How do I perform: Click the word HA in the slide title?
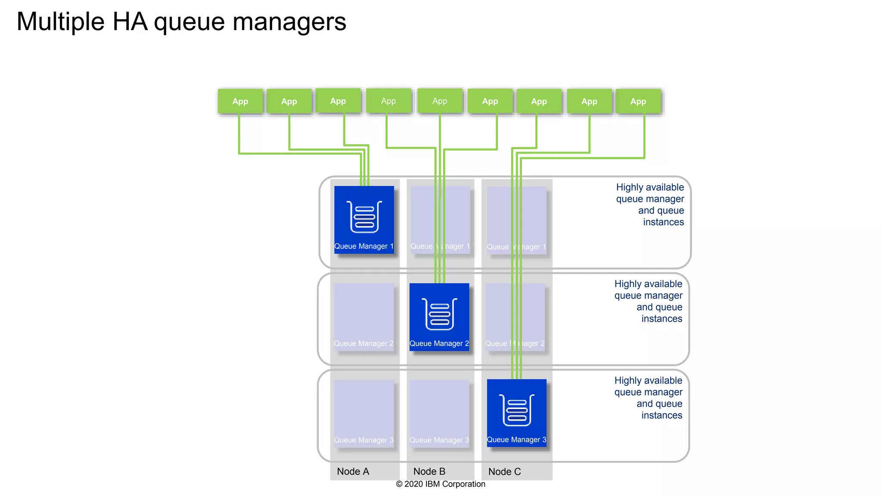130,22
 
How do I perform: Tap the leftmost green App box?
240,102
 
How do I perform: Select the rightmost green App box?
638,102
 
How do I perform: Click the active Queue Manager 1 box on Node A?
364,220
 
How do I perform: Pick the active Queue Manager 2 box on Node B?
439,317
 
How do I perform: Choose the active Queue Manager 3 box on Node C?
516,413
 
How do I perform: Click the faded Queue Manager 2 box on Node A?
364,317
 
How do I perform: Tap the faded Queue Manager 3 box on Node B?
439,413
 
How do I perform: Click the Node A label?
353,471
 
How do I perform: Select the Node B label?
429,471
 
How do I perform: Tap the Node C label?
504,471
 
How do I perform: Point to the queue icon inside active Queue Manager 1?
364,217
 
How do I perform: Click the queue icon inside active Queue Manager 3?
517,410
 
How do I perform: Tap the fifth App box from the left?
440,101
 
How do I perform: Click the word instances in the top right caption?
663,222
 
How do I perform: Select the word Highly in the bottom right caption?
627,381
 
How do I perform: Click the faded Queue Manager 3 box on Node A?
364,413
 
